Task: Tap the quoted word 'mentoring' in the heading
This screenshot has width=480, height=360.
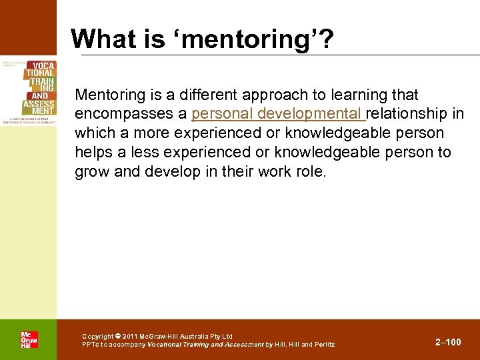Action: pyautogui.click(x=241, y=40)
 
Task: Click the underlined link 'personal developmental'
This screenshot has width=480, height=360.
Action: pyautogui.click(x=278, y=113)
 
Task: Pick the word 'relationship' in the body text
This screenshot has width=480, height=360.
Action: pyautogui.click(x=409, y=113)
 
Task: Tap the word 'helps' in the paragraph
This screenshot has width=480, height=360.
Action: pyautogui.click(x=94, y=152)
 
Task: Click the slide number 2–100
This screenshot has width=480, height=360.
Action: pyautogui.click(x=448, y=342)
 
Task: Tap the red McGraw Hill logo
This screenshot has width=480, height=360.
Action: pyautogui.click(x=29, y=339)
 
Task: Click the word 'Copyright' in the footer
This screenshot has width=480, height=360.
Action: pyautogui.click(x=98, y=337)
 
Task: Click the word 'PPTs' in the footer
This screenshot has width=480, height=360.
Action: pyautogui.click(x=89, y=345)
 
